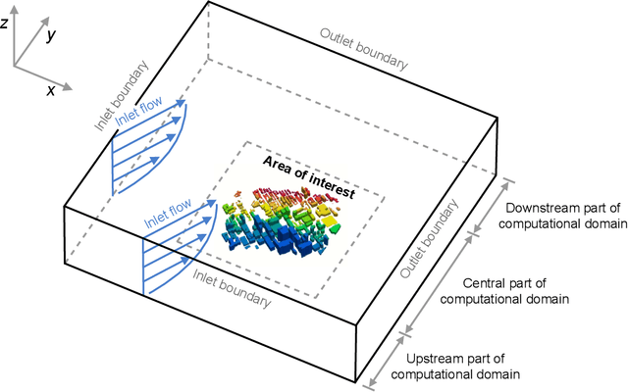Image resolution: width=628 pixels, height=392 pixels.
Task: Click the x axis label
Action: [50, 89]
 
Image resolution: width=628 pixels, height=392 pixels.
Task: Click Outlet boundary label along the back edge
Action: [362, 47]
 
